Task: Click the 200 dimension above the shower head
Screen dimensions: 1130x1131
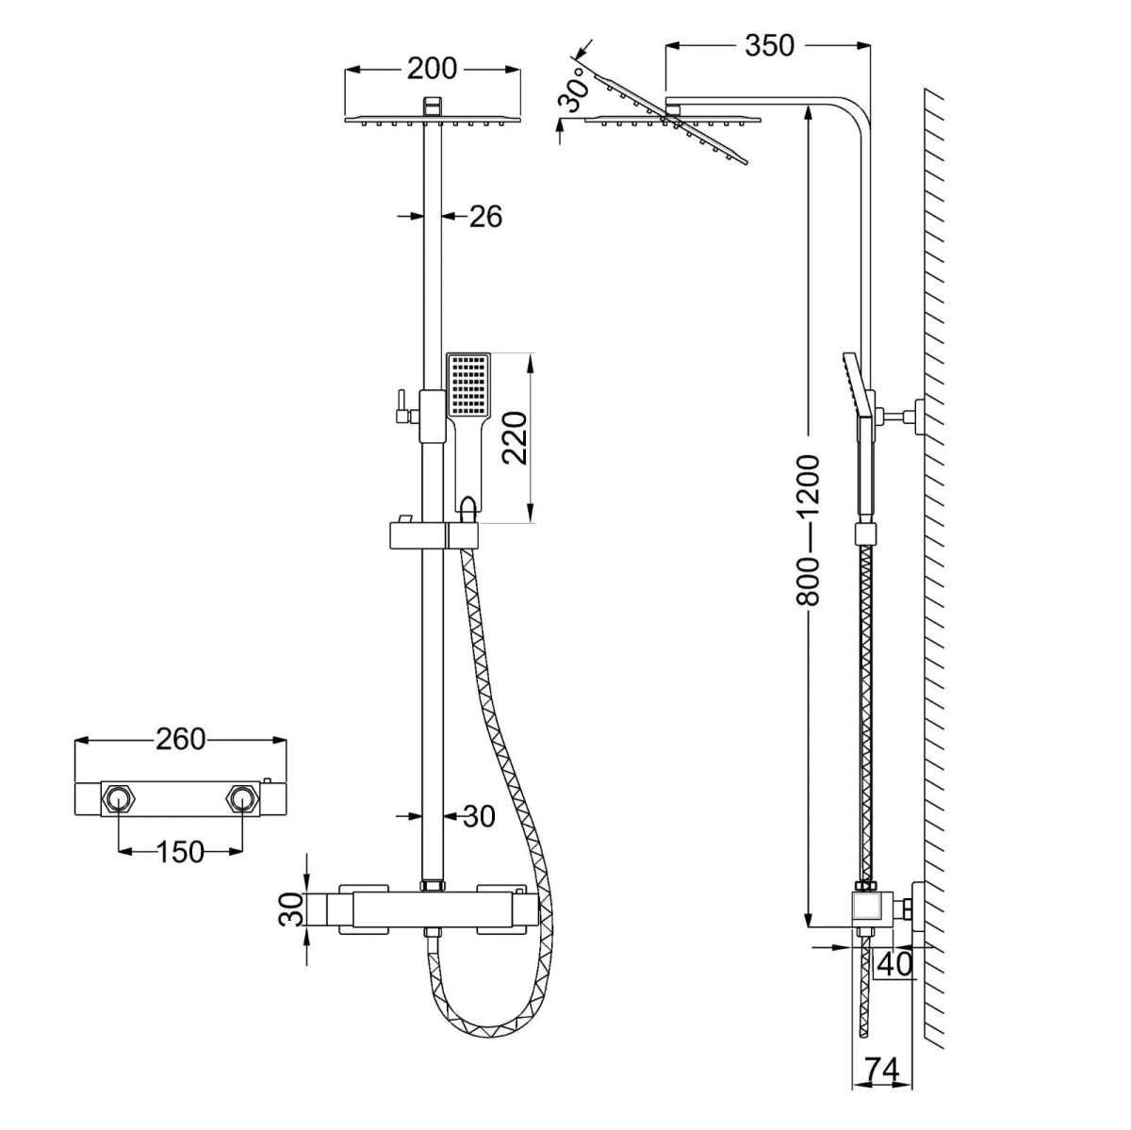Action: coord(432,69)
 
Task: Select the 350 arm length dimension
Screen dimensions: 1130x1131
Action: coord(769,44)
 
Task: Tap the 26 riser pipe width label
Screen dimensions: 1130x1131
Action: coord(485,217)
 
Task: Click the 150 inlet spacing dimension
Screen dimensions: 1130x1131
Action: coord(179,851)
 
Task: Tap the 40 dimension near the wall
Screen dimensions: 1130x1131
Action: coord(894,963)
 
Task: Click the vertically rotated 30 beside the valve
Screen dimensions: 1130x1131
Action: coord(293,909)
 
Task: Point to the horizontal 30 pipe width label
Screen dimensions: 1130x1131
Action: coord(479,816)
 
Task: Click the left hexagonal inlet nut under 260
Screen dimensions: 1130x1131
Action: coord(118,799)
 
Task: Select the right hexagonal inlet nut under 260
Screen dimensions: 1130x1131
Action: coord(242,799)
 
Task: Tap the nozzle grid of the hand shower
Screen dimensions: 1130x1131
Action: coord(468,385)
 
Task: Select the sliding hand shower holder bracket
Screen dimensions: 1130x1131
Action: coord(434,536)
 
